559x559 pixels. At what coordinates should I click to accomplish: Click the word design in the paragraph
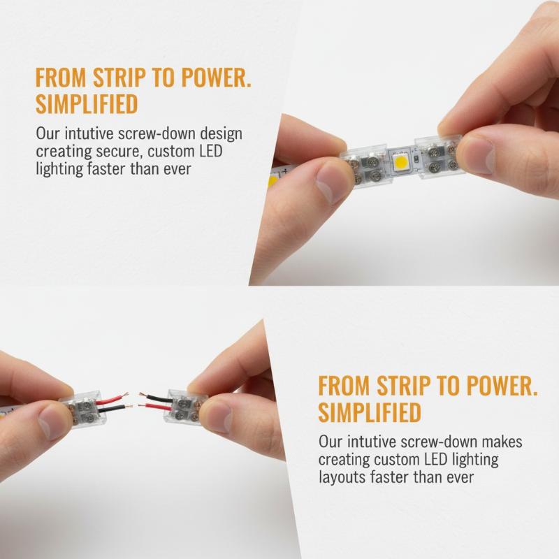pos(221,134)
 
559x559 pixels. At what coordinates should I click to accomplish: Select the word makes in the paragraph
pos(502,442)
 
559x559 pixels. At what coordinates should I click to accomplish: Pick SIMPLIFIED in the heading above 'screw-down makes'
pos(370,412)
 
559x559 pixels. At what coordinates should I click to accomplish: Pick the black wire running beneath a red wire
pos(115,409)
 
